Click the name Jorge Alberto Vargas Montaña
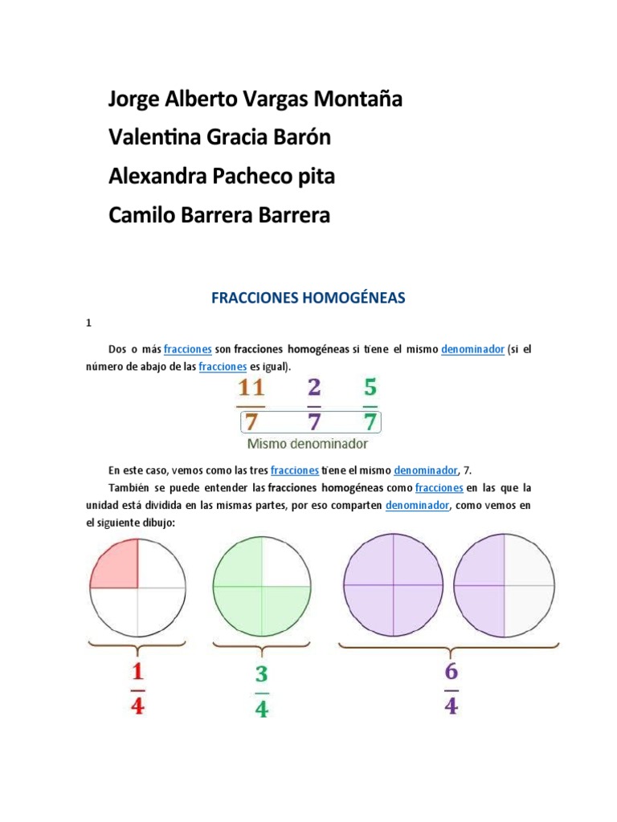[x=255, y=100]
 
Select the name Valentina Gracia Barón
[x=219, y=138]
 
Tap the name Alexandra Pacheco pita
[x=221, y=177]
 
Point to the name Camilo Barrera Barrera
[x=219, y=215]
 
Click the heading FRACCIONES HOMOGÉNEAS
[x=308, y=299]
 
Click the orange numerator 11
[x=251, y=389]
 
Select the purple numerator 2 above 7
[x=313, y=389]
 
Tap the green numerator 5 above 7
[x=370, y=389]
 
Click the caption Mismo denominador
[x=308, y=443]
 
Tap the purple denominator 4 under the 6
[x=451, y=706]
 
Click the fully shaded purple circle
[x=393, y=585]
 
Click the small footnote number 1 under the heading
[x=89, y=324]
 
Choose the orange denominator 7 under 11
[x=251, y=421]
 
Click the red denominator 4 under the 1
[x=137, y=706]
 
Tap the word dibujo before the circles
[x=156, y=523]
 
